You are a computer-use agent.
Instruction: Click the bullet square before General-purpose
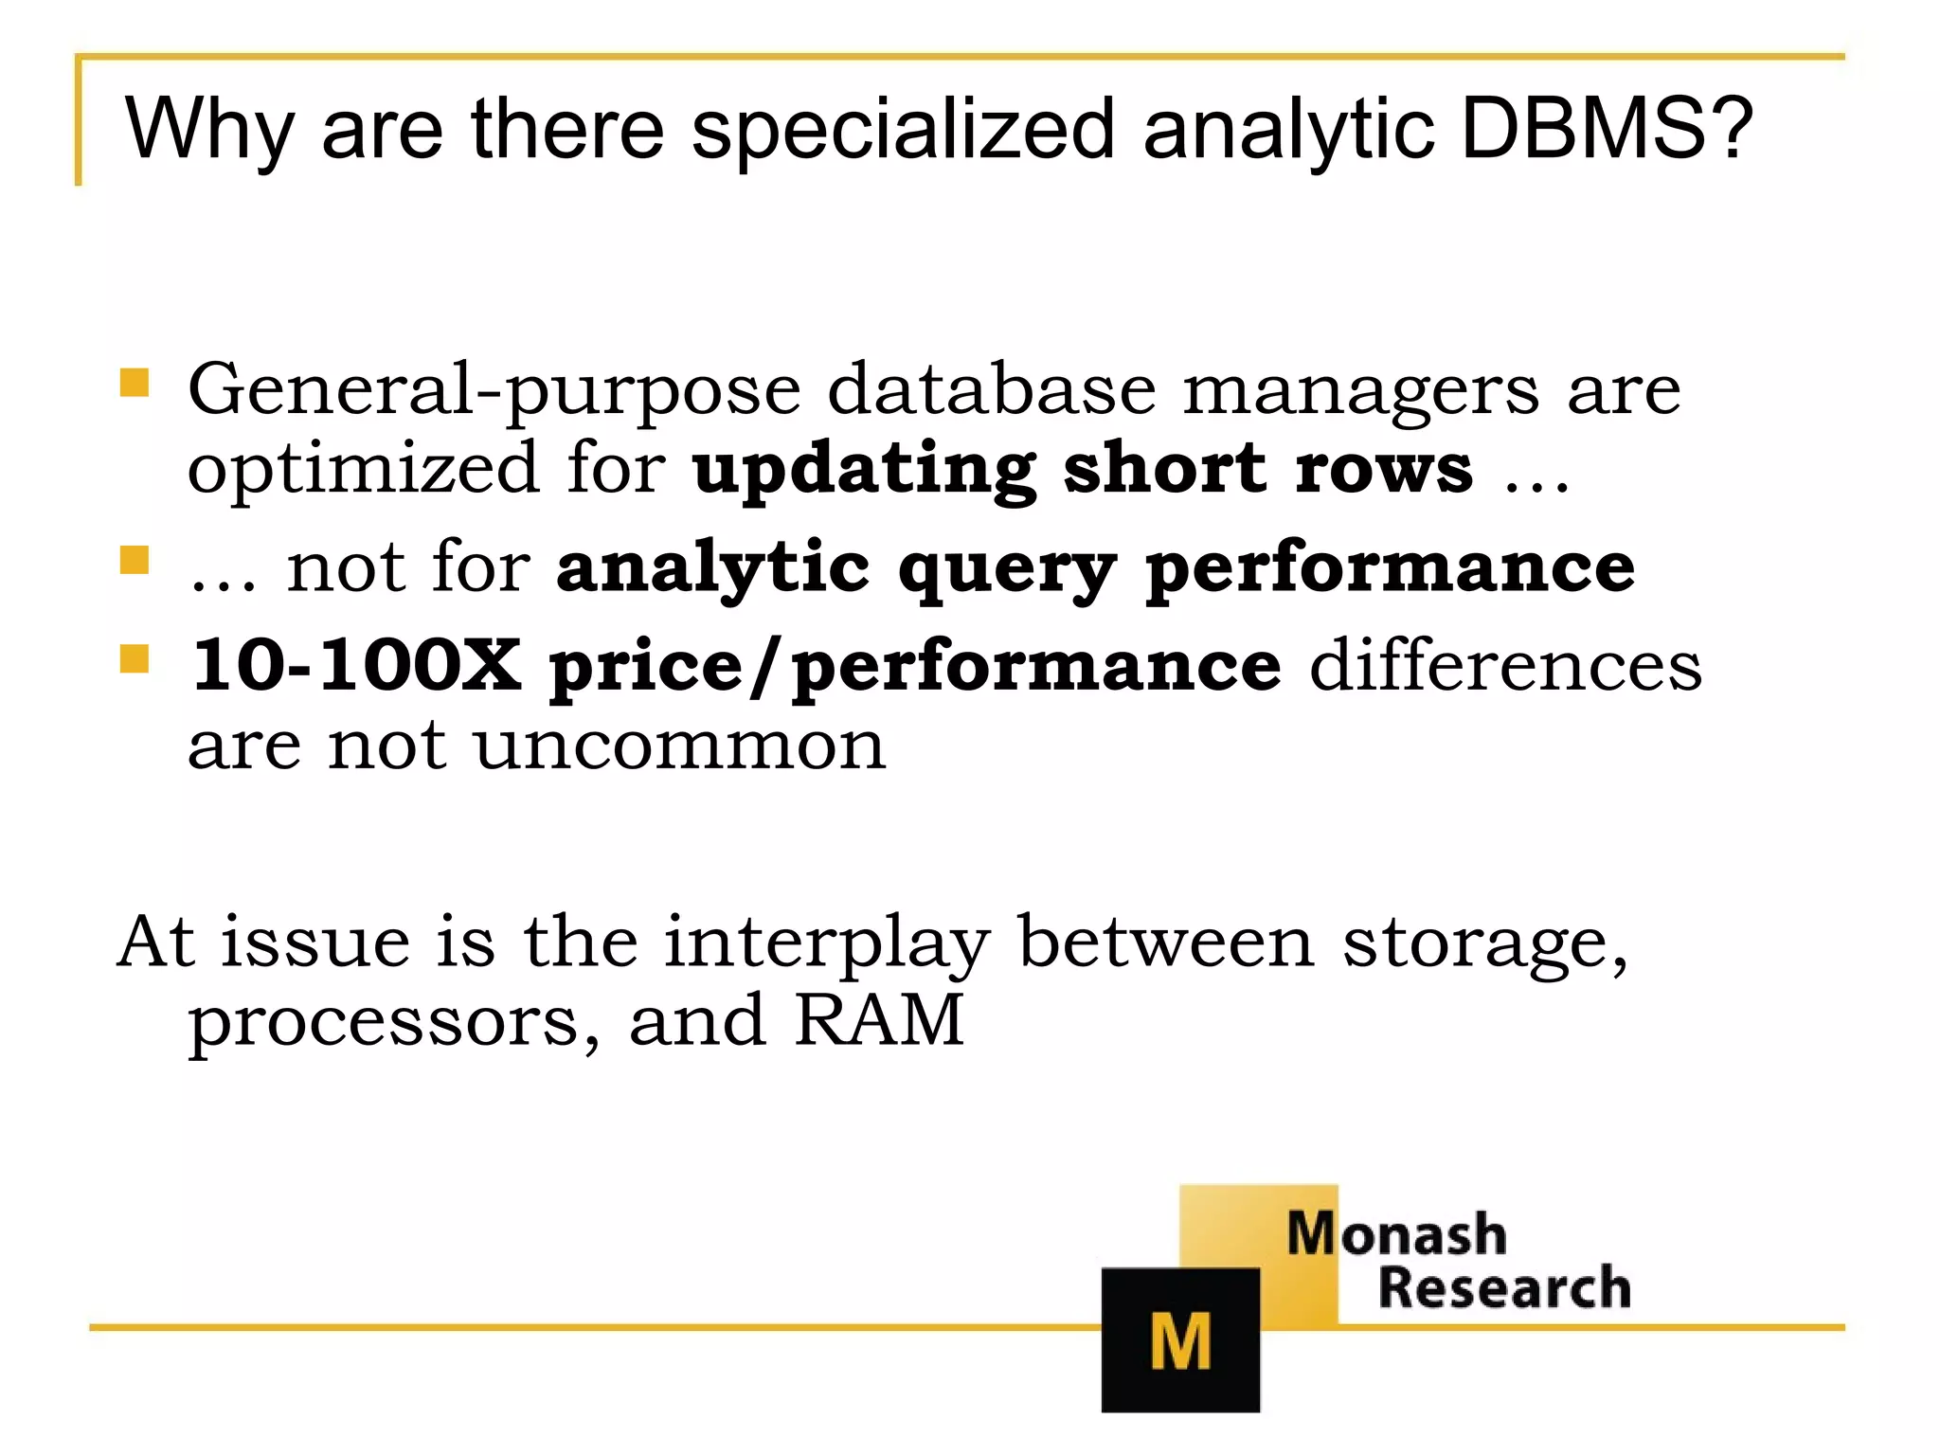coord(135,384)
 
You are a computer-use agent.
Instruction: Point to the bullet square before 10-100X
coord(135,658)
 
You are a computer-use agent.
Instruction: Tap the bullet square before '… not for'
coord(135,560)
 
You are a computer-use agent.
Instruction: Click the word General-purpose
coord(494,391)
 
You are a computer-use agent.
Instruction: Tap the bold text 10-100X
coord(356,665)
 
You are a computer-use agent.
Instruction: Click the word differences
coord(1505,665)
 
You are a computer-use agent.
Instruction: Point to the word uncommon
coord(679,746)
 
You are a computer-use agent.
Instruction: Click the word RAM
coord(879,1020)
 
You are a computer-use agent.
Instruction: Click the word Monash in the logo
coord(1396,1234)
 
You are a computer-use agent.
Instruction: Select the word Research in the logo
coord(1503,1288)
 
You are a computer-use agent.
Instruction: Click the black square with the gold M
coord(1180,1339)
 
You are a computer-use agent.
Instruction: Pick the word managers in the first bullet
coord(1360,391)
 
